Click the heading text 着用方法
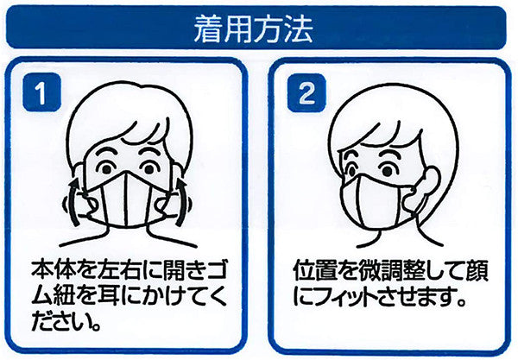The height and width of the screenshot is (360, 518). pos(253,29)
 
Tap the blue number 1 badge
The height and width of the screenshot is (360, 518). pos(41,92)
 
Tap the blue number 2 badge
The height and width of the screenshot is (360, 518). pos(306,93)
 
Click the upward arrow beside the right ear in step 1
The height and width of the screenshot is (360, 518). pos(180,201)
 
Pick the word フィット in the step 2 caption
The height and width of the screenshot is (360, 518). pos(344,296)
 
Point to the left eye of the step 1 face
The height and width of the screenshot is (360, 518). pos(106,169)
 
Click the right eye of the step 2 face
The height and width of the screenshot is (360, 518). pos(388,171)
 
